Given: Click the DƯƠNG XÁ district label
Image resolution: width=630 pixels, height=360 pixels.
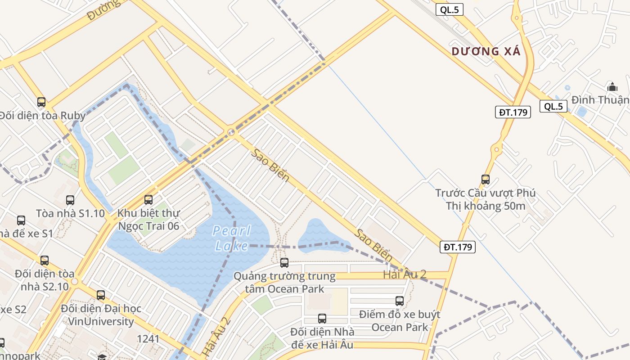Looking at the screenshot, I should (x=486, y=51).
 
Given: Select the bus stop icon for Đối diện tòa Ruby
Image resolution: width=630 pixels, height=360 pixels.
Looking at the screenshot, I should (x=41, y=102).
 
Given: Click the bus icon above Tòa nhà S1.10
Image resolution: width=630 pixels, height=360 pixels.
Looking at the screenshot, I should (x=70, y=200).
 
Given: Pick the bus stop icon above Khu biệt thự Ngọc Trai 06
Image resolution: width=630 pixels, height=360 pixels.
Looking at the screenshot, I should (x=148, y=200).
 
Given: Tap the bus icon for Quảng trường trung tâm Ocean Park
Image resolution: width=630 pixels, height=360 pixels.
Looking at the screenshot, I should (x=284, y=263).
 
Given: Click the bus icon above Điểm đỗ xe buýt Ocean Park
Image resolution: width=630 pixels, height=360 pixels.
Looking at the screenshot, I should (x=399, y=301).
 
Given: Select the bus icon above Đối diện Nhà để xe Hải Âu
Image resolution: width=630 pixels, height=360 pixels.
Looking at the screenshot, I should (x=322, y=319).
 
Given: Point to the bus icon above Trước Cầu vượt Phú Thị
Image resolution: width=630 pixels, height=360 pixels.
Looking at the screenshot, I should (x=485, y=180).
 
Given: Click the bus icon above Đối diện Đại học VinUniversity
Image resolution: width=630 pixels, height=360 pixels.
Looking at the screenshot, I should (x=101, y=295).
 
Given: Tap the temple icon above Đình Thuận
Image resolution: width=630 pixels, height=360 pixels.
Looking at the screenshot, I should (x=612, y=86).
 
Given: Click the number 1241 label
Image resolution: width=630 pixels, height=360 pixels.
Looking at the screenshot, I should (x=148, y=338).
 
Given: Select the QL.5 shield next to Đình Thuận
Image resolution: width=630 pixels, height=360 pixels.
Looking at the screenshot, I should (x=553, y=106).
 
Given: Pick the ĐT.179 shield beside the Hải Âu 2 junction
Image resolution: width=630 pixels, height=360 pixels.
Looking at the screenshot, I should (x=458, y=247).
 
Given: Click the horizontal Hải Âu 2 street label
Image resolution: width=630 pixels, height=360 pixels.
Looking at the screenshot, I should (x=405, y=274).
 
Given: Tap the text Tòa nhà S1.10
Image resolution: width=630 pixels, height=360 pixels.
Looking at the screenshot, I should (x=70, y=213).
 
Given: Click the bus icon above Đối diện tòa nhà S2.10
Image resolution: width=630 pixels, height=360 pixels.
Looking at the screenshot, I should (x=44, y=261).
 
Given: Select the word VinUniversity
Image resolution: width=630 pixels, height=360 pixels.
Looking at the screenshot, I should (x=101, y=321).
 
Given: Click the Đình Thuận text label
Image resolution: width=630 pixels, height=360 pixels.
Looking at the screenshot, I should (x=600, y=99).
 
